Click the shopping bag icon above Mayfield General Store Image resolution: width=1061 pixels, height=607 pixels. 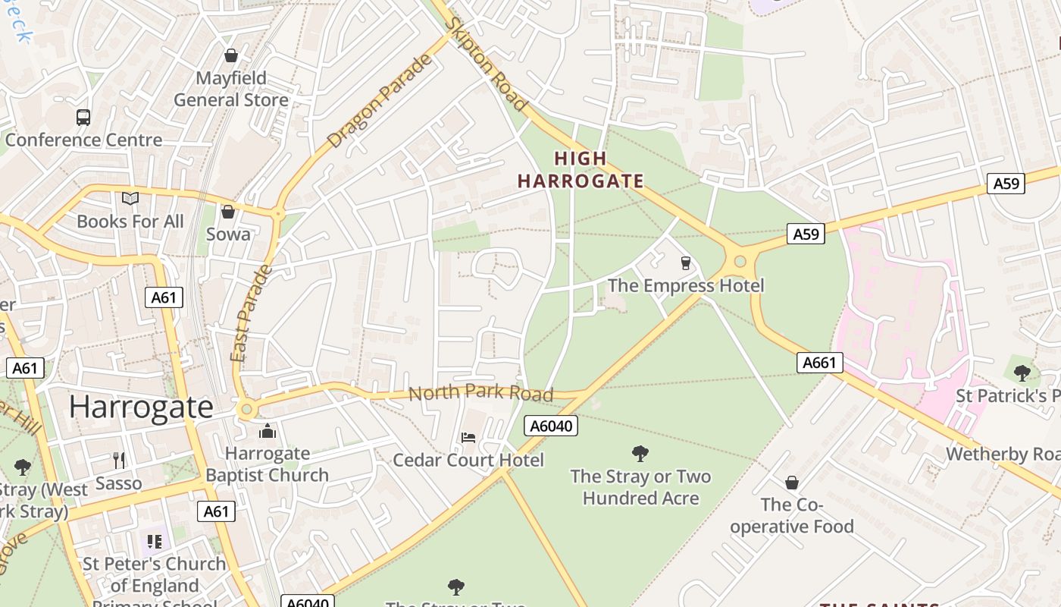coord(231,55)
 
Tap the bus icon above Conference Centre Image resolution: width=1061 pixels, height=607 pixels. coord(83,117)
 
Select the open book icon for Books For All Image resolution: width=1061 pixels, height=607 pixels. coord(130,198)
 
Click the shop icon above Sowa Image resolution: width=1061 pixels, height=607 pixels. coord(228,212)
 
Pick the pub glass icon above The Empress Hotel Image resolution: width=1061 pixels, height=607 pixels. coord(686,263)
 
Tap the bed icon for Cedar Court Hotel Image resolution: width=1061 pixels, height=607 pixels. coord(468,438)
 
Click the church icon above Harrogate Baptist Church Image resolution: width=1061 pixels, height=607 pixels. coord(267,432)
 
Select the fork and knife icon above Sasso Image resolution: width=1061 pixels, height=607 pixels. coord(119,460)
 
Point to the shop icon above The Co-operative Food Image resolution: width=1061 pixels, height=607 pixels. coord(792,483)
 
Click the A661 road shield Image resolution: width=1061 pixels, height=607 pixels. coord(820,363)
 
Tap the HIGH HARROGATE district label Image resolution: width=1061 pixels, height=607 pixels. coord(581,170)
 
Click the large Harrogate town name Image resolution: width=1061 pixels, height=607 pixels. coord(142,407)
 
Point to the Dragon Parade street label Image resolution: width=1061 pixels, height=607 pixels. coord(380,101)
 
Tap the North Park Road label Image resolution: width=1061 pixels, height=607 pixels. coord(480,393)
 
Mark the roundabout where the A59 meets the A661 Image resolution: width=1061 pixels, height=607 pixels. coord(740,262)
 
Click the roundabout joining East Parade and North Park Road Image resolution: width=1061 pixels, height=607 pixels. coord(246,410)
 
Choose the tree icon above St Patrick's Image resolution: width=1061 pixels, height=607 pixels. coord(1022,373)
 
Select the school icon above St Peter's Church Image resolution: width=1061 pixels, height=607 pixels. coord(155,541)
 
